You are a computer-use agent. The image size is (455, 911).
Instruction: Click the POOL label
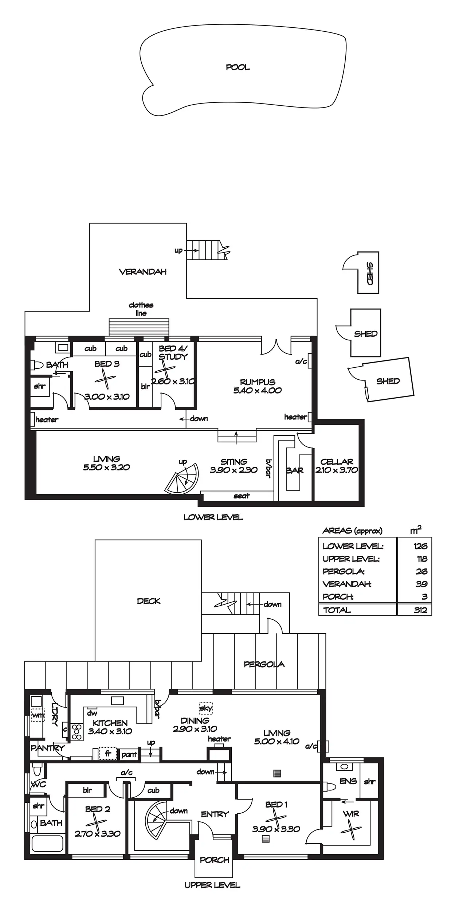(x=238, y=67)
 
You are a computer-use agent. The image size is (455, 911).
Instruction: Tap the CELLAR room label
(x=337, y=462)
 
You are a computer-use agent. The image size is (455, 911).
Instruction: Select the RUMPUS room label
(x=258, y=382)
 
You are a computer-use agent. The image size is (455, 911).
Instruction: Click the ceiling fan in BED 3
(x=105, y=379)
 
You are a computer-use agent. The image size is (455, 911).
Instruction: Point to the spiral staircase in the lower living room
(x=182, y=478)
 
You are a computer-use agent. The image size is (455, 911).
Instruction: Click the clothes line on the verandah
(x=139, y=327)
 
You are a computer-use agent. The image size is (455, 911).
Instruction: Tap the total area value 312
(x=420, y=610)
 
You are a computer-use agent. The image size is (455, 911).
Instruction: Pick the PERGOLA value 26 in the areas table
(x=422, y=571)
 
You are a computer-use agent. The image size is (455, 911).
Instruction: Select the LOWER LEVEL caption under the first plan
(x=213, y=517)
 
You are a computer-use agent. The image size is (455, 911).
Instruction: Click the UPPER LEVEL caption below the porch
(x=212, y=885)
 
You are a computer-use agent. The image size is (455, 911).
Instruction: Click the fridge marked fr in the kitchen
(x=108, y=754)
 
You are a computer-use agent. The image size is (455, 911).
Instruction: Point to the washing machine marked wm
(x=37, y=715)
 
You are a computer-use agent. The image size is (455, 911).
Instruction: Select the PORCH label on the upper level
(x=215, y=860)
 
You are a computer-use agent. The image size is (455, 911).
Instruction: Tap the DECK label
(x=149, y=601)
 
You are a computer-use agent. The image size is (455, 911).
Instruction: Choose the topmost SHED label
(x=369, y=274)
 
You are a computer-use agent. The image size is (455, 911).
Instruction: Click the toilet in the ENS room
(x=330, y=787)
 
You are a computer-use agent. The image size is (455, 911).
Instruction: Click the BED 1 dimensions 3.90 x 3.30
(x=276, y=829)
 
